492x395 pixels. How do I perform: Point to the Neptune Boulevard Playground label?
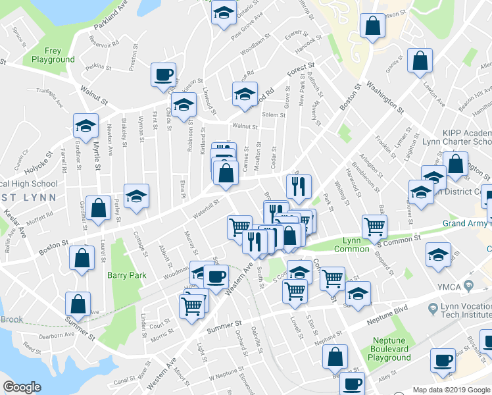point(389,352)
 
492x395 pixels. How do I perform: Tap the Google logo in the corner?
point(22,387)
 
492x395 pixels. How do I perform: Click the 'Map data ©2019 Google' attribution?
point(451,390)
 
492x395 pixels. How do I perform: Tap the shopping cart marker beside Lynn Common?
point(374,226)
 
